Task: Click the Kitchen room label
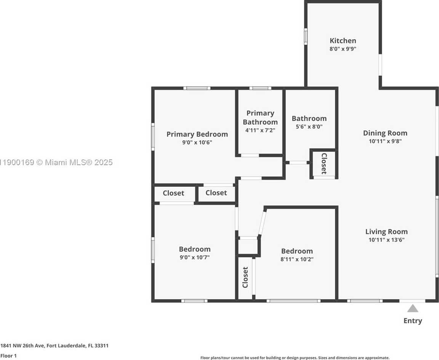(343, 40)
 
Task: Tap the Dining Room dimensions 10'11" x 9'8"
(385, 141)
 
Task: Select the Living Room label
(386, 231)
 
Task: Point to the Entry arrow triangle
(412, 308)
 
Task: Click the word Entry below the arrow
(412, 321)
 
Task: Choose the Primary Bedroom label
(197, 134)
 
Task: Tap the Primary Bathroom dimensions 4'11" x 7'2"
(260, 130)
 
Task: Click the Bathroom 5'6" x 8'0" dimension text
(309, 127)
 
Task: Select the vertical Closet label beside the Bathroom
(324, 164)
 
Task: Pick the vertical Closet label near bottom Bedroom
(245, 277)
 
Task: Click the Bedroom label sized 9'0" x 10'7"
(195, 249)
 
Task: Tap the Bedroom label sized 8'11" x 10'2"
(297, 251)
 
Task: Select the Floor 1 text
(8, 356)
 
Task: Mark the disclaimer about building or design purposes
(295, 358)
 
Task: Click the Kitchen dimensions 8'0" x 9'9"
(343, 49)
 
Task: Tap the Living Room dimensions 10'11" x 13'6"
(386, 240)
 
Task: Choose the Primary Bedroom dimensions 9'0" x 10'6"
(197, 142)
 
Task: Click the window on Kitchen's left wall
(306, 37)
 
